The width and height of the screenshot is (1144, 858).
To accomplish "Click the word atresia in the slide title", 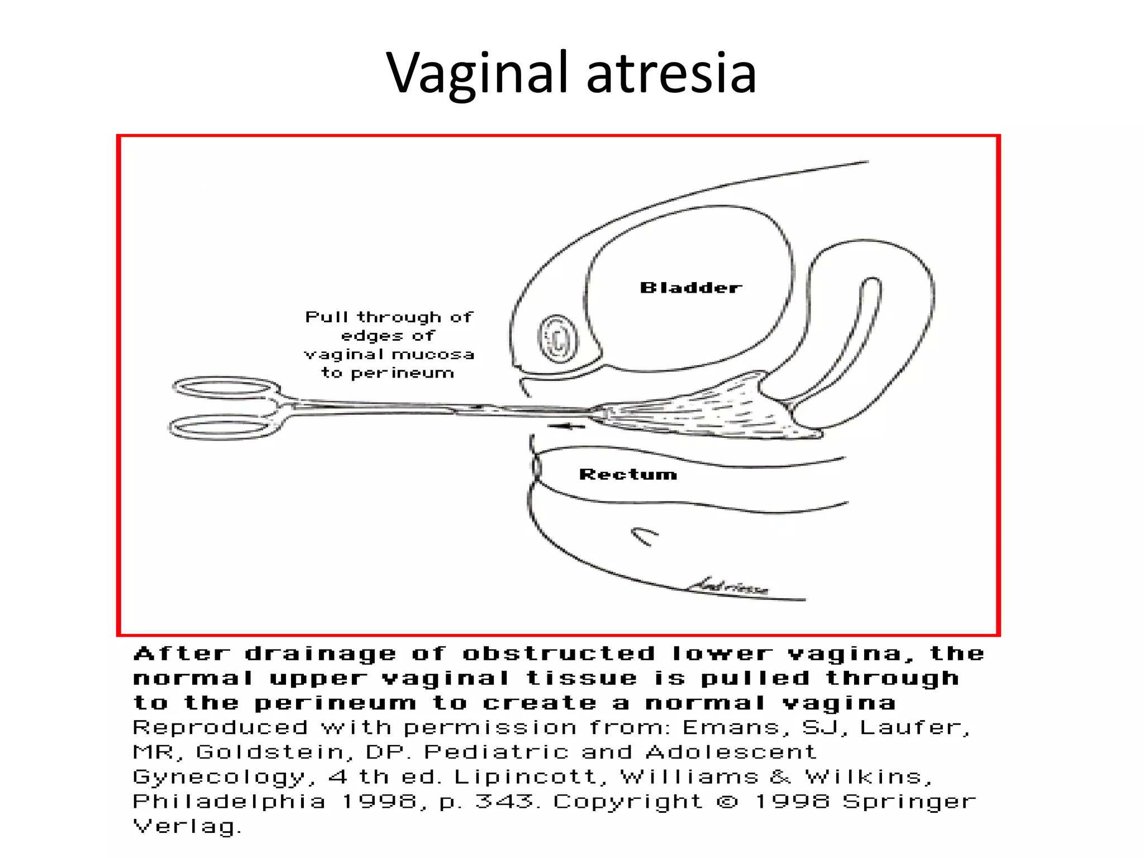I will [x=671, y=73].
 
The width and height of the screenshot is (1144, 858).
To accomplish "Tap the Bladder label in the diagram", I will [x=691, y=288].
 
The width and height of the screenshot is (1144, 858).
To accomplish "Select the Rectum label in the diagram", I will [x=628, y=474].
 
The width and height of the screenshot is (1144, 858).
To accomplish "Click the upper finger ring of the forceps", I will [x=226, y=388].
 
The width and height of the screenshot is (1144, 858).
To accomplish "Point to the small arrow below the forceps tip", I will [x=566, y=427].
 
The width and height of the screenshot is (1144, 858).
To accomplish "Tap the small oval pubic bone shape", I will [x=557, y=338].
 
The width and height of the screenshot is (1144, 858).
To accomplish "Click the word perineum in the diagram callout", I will [x=402, y=373].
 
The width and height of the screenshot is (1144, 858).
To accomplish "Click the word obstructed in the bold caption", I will [x=559, y=654].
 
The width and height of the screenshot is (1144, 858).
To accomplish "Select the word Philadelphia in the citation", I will [x=229, y=802].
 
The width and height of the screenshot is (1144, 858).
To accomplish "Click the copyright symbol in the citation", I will [x=727, y=802].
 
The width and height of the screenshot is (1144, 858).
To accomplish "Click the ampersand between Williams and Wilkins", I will [x=781, y=777].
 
